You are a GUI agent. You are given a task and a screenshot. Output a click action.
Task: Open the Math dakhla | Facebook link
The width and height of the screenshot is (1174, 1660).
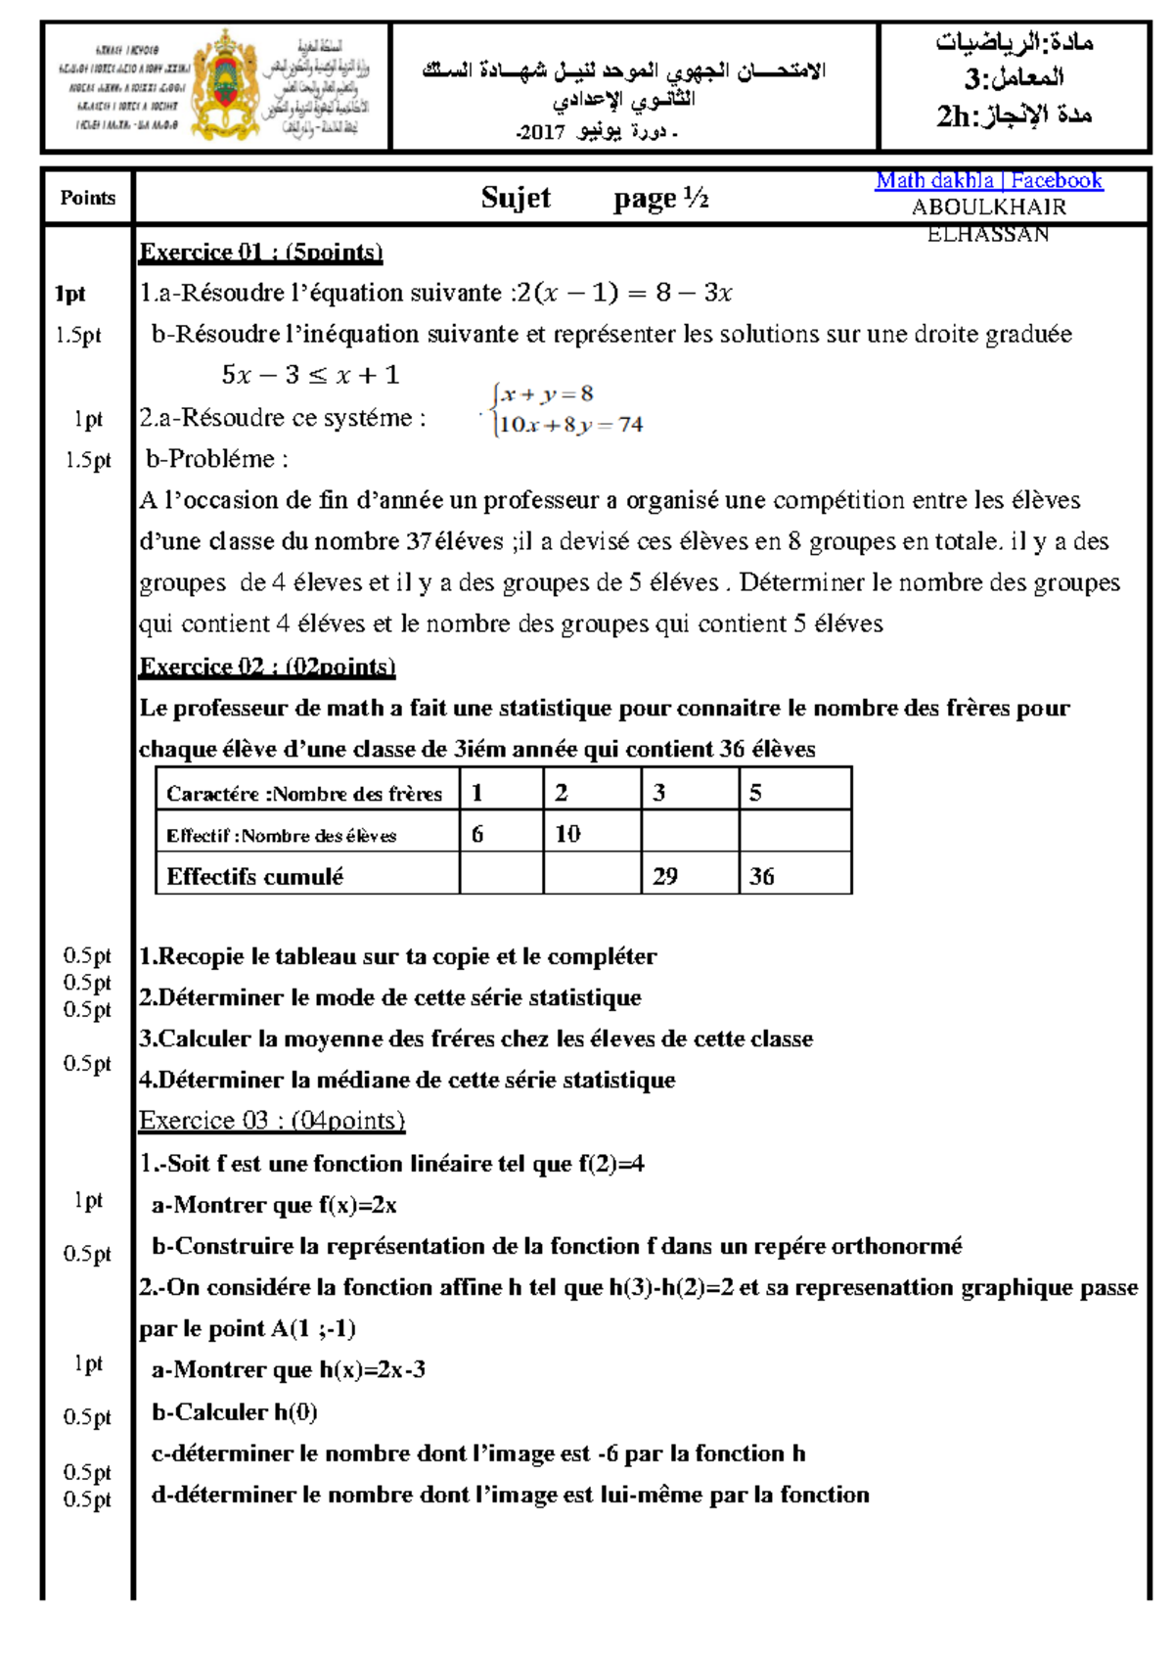pyautogui.click(x=988, y=181)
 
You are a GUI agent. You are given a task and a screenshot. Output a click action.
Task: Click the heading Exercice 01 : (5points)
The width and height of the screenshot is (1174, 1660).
pyautogui.click(x=260, y=253)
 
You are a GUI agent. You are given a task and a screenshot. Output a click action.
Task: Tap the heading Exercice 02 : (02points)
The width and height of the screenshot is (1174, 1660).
pyautogui.click(x=267, y=667)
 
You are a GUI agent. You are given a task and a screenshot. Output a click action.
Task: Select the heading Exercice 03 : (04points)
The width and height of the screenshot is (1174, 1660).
pyautogui.click(x=272, y=1121)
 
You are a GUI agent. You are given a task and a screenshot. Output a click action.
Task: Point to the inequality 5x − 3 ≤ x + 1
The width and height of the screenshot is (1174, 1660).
pyautogui.click(x=310, y=375)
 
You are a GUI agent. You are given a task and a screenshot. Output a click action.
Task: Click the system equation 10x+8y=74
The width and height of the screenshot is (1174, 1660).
pyautogui.click(x=570, y=425)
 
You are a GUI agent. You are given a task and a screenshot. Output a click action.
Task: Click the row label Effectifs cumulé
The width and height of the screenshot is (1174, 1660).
pyautogui.click(x=255, y=876)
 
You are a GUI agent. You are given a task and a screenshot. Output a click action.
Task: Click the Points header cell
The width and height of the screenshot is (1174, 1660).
pyautogui.click(x=87, y=198)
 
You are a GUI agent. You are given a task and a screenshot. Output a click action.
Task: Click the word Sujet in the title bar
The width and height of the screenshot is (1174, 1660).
pyautogui.click(x=516, y=198)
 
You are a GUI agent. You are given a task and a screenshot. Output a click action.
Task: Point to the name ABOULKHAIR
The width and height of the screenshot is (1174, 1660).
pyautogui.click(x=988, y=207)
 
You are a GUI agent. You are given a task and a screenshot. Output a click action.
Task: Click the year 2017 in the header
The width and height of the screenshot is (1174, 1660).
pyautogui.click(x=540, y=132)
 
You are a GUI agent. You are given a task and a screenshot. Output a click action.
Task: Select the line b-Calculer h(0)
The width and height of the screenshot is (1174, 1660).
pyautogui.click(x=235, y=1412)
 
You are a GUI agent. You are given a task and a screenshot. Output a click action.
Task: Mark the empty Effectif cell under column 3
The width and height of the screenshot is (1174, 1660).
pyautogui.click(x=690, y=834)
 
